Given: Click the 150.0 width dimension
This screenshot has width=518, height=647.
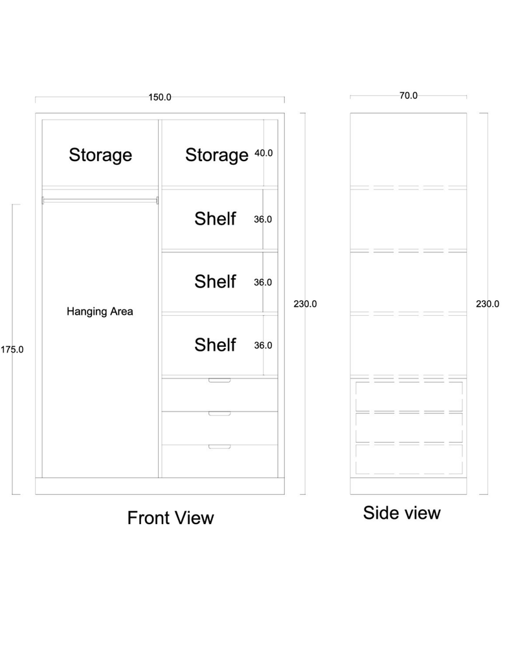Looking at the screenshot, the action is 160,98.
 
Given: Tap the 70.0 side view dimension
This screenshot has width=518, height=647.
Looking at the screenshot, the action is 408,95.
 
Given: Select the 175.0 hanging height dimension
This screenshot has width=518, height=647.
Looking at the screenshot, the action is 12,349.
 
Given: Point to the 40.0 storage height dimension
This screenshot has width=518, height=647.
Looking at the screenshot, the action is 264,153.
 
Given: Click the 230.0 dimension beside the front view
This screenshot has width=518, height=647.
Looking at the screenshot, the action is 305,303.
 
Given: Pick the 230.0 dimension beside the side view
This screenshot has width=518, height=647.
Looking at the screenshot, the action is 488,303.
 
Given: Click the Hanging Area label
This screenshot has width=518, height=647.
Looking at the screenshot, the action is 100,312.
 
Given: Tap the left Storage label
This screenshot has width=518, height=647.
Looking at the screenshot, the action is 100,155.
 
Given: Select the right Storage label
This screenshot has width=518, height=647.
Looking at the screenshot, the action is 217,155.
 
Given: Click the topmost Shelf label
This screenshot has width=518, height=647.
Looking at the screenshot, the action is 215,219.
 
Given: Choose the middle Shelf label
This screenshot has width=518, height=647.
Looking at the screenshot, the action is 215,281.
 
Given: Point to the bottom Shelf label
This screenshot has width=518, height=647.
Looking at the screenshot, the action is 215,345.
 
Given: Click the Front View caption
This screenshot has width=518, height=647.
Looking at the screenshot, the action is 170,518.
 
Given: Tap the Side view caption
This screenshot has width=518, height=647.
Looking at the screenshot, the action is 402,513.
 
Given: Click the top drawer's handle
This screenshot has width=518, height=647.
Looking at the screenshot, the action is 220,380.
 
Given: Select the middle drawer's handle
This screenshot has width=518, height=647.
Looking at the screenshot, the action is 220,413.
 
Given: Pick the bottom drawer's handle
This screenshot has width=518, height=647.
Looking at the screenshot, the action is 220,446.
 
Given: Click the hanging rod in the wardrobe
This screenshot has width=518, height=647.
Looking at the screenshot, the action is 100,201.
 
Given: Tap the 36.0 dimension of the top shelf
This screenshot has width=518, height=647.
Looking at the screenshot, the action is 263,219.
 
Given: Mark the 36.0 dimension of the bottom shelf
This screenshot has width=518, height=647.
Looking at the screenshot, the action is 263,345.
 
